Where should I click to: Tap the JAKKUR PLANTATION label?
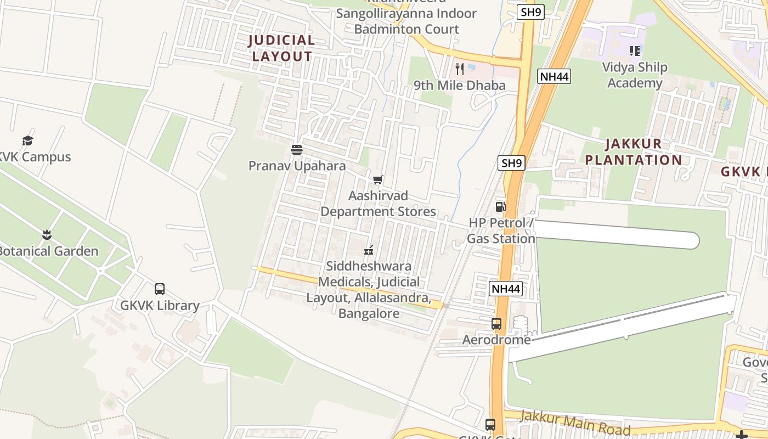[x=634, y=152]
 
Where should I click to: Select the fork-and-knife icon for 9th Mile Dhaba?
[x=460, y=69]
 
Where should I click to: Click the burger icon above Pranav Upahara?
[x=297, y=150]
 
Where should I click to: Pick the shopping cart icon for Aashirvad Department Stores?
[x=377, y=180]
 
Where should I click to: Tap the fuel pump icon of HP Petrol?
[x=500, y=207]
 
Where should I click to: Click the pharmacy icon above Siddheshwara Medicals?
[x=369, y=250]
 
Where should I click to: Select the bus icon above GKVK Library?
[x=160, y=289]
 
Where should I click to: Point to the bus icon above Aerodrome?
[x=496, y=324]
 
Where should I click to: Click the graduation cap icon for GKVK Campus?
[x=27, y=141]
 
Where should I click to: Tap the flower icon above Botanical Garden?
[x=47, y=235]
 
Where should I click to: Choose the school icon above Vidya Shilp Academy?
[x=635, y=52]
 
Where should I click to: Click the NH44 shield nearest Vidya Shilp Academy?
[x=554, y=76]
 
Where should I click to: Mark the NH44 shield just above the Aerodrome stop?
[x=505, y=289]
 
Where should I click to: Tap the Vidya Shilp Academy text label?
[x=635, y=75]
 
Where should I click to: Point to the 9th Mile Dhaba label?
[x=459, y=85]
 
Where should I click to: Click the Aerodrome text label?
[x=496, y=340]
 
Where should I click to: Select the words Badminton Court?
[x=406, y=29]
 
